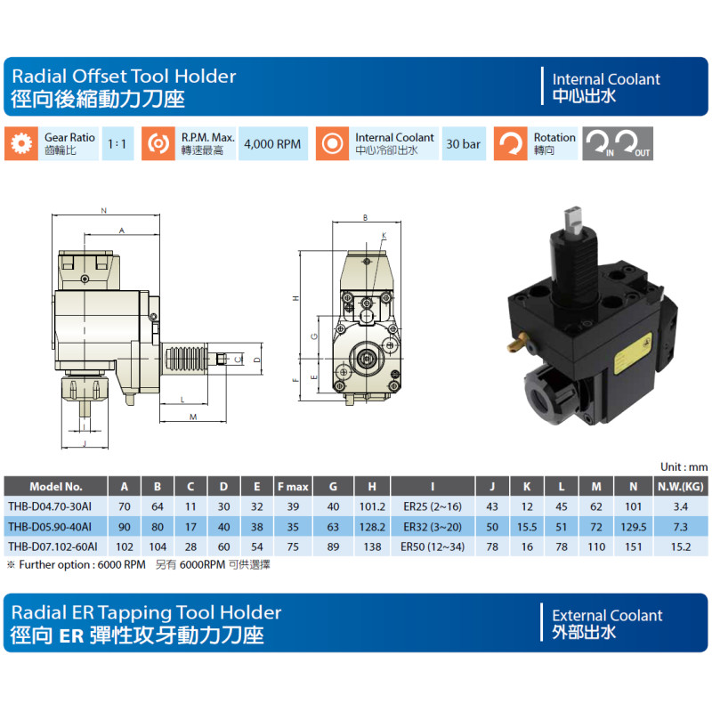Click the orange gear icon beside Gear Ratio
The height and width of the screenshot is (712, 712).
coord(21,143)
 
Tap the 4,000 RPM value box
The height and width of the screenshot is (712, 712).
coord(273,143)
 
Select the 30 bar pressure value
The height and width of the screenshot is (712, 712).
coord(464,143)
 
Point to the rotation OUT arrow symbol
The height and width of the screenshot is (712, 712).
coord(635,143)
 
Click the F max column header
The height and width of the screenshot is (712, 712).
coord(293,486)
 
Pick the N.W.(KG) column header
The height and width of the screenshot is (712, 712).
coord(680,486)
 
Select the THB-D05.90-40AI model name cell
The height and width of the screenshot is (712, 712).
coord(50,527)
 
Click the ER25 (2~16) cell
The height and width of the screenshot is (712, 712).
coord(433,506)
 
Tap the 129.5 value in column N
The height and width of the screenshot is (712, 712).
coord(633,527)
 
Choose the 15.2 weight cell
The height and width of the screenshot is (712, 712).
coord(680,546)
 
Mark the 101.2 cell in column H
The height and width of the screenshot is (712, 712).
coord(372,506)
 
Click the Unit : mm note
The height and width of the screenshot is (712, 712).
coord(684,466)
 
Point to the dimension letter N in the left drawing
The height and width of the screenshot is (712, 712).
coord(104,210)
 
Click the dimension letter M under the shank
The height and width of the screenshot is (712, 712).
coord(193,417)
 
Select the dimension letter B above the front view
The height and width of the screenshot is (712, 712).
coord(365,217)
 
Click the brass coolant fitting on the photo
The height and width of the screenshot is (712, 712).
coord(518,343)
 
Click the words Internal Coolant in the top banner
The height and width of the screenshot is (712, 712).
coord(606,79)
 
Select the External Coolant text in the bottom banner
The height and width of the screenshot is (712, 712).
coord(607,615)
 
